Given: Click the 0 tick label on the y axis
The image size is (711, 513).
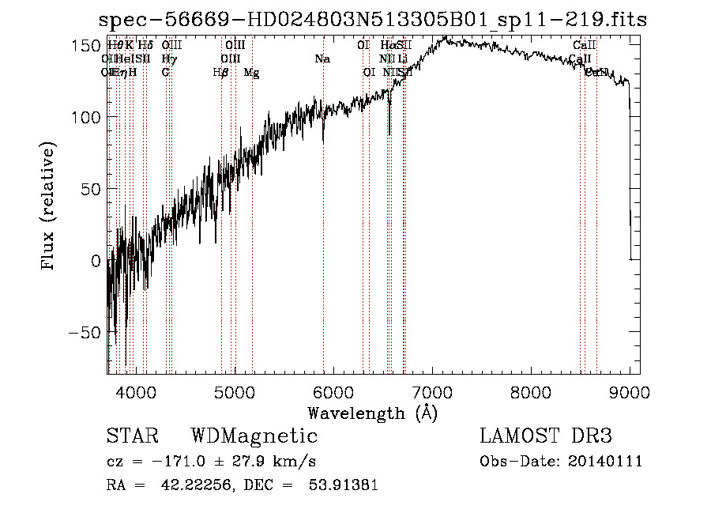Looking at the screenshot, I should [x=95, y=261].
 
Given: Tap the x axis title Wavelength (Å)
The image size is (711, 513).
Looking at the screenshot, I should [x=372, y=413].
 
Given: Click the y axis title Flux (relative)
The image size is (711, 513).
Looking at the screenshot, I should [x=48, y=207].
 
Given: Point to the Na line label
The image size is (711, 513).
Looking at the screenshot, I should [x=322, y=59].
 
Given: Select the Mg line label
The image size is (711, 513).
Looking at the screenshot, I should [x=251, y=73].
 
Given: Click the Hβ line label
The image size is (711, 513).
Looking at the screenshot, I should [x=221, y=73].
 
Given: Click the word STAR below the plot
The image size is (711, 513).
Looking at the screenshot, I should [x=132, y=436].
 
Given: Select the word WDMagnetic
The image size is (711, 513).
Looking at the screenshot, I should [x=254, y=436].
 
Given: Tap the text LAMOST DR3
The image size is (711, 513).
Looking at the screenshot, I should [x=546, y=436].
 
